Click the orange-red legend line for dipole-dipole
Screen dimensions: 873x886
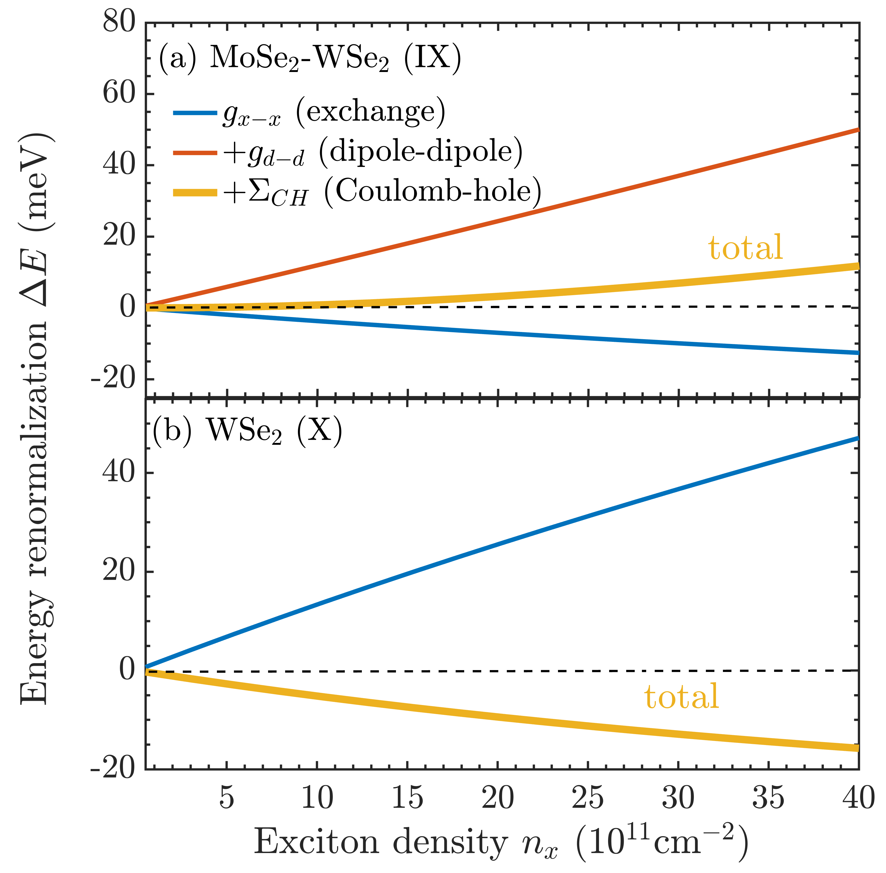(x=195, y=153)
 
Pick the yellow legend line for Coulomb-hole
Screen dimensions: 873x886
(x=195, y=193)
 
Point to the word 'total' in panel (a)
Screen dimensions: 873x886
(x=745, y=248)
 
